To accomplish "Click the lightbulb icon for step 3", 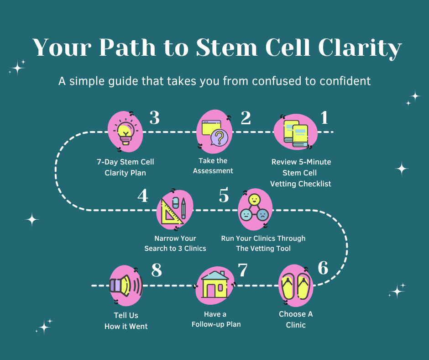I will point(124,131).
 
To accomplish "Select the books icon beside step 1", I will point(295,133).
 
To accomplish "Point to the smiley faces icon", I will point(255,209).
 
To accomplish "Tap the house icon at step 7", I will point(214,286).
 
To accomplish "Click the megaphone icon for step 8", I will point(124,286).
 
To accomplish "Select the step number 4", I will point(143,196).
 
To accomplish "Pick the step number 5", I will point(224,196).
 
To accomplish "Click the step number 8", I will point(157,270).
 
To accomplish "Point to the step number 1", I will point(324,118).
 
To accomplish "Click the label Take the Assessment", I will point(213,166).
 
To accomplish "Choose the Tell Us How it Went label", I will point(126,321).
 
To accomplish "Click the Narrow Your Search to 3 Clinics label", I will point(175,244).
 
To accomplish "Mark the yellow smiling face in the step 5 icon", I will point(255,200).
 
